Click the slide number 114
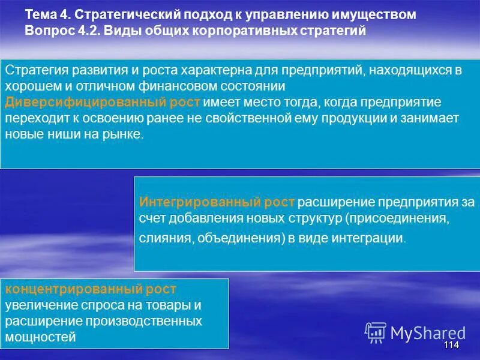(451, 345)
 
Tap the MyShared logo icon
(376, 332)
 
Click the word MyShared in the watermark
(428, 332)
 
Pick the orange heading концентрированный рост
(91, 289)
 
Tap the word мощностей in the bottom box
(41, 337)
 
